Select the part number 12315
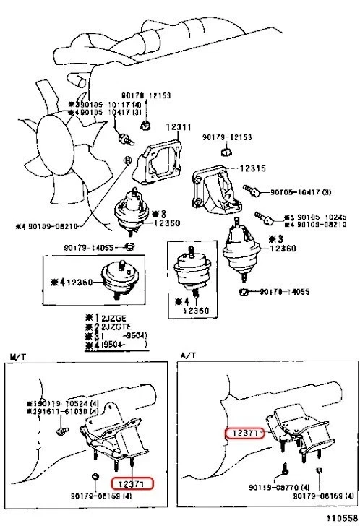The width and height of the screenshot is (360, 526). (254, 168)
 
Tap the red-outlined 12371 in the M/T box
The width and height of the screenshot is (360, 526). (132, 482)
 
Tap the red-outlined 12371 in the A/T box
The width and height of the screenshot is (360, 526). (244, 432)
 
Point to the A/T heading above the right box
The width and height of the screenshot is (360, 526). (187, 356)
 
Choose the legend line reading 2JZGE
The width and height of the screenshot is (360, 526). (112, 317)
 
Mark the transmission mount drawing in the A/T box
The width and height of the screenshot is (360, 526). (296, 434)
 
